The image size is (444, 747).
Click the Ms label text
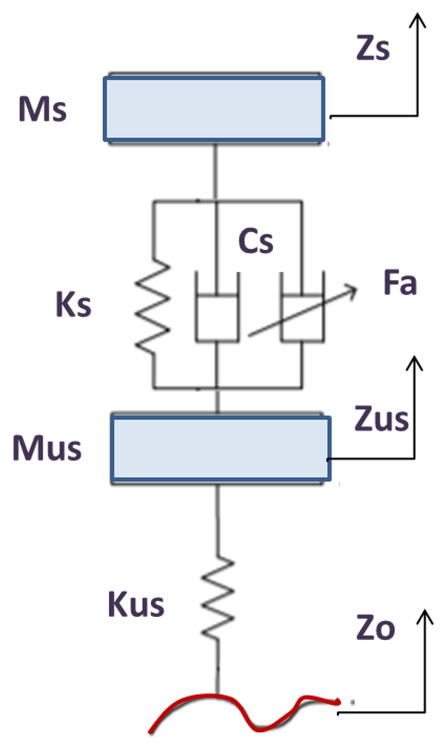pos(43,109)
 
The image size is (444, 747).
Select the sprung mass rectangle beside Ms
pos(214,109)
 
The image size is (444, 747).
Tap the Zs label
pos(373,48)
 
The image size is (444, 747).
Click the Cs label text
pos(256,241)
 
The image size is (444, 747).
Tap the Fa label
pos(400,283)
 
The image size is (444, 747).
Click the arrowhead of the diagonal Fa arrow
pos(354,288)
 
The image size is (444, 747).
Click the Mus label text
pos(47,448)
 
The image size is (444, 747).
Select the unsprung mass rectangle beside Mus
pos(220,448)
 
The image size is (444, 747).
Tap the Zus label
pos(381,419)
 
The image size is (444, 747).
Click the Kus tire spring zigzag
pos(218,598)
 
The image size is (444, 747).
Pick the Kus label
pos(136,605)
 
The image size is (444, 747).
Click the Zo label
pos(375,628)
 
